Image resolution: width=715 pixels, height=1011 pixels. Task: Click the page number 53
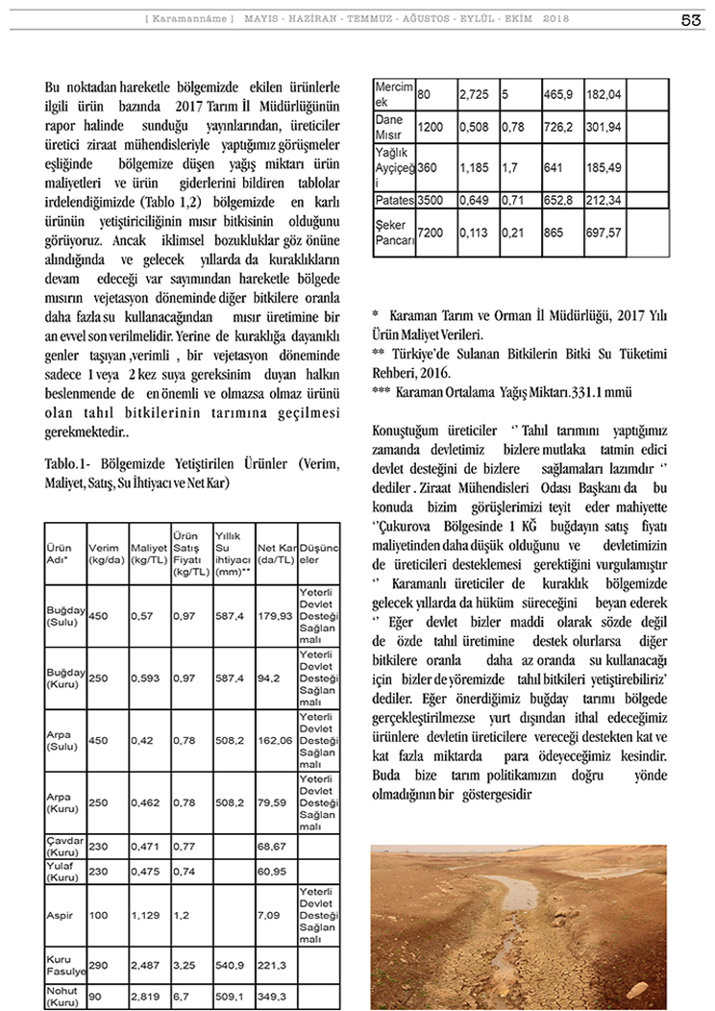[690, 20]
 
